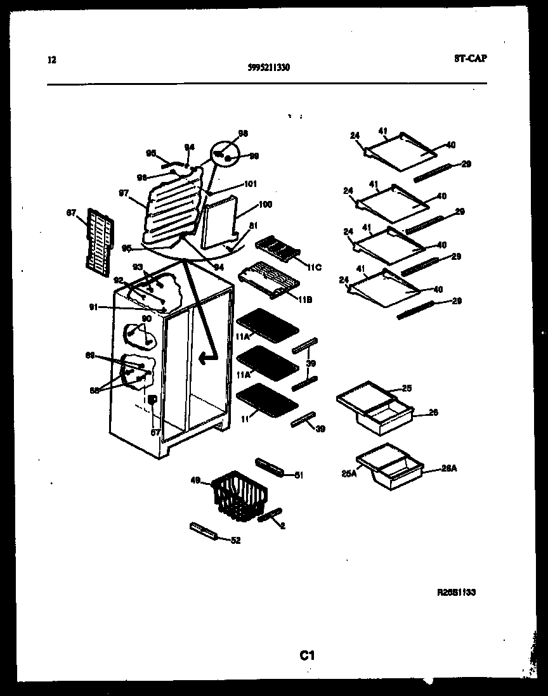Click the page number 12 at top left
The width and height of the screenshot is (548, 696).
[52, 61]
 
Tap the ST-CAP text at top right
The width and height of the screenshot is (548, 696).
[471, 58]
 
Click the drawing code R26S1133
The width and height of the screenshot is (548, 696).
[456, 592]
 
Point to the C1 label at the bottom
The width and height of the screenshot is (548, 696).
[307, 656]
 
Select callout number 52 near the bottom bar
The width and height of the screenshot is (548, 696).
[235, 541]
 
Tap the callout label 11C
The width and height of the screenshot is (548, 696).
[313, 267]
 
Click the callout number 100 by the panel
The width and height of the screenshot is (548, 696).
[264, 205]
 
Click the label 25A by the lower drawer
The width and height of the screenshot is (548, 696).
[349, 472]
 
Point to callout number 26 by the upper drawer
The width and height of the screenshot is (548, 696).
[433, 412]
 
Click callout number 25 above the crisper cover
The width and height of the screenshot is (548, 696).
[407, 387]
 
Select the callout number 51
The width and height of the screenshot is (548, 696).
[299, 475]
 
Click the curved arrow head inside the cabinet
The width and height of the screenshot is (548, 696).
[204, 359]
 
